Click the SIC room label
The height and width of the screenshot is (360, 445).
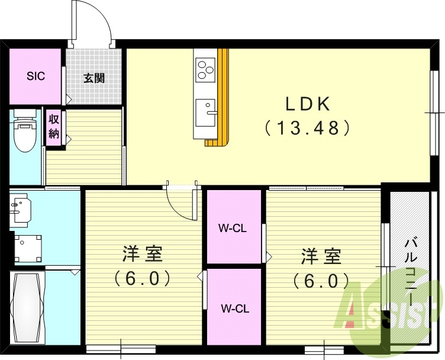36,76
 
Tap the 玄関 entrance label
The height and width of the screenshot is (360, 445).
94,78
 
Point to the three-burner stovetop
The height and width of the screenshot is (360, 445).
205,70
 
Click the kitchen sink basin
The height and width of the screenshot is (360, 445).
205,112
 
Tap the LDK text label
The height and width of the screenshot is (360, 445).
307,104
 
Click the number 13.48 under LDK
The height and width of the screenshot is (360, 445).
307,127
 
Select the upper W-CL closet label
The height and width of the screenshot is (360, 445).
233,229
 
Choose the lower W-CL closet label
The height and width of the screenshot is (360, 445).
235,308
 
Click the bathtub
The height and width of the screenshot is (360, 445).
27,308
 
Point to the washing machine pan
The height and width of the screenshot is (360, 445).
28,249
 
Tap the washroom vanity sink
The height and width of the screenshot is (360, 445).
20,208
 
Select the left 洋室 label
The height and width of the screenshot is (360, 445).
143,254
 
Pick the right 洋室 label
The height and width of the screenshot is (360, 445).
321,256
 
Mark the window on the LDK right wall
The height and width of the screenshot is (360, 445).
434,112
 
